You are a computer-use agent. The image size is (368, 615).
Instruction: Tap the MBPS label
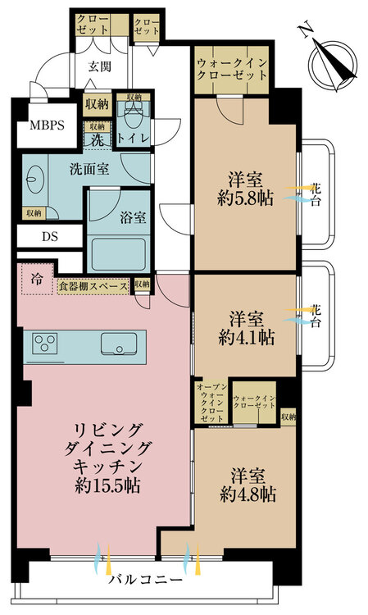click(47, 125)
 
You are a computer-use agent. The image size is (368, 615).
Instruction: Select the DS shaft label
click(50, 236)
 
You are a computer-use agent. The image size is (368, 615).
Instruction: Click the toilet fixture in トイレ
click(134, 113)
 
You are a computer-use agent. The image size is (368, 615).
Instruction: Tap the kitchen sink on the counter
click(119, 344)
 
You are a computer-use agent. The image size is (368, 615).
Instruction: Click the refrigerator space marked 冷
click(37, 280)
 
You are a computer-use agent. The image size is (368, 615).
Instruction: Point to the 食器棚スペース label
click(93, 286)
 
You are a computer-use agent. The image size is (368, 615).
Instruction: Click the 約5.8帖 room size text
click(245, 199)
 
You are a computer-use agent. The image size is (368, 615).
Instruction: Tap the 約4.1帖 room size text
click(246, 337)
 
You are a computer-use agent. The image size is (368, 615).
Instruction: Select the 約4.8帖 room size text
click(248, 494)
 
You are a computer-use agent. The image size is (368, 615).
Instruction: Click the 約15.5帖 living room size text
click(107, 486)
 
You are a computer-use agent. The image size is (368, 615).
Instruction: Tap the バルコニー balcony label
click(146, 580)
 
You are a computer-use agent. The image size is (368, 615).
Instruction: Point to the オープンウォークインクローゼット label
click(211, 403)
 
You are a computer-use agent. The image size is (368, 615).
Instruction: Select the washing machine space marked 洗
click(98, 140)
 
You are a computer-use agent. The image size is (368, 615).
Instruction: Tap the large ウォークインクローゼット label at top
click(232, 69)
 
